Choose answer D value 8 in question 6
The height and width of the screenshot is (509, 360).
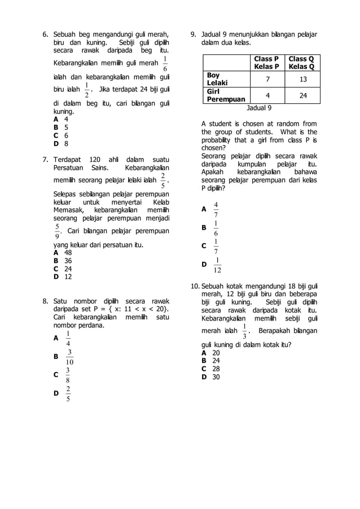[66, 143]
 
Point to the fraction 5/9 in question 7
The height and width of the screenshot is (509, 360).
[57, 231]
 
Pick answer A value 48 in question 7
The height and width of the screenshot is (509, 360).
[68, 253]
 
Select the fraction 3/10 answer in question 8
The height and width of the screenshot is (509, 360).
[69, 357]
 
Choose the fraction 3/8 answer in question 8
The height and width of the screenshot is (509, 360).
[68, 375]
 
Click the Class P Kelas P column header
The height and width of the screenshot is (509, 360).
[266, 63]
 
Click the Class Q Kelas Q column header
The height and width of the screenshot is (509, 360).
[301, 63]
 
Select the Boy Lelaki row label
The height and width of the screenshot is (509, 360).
[214, 78]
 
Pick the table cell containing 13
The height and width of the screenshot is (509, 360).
[303, 79]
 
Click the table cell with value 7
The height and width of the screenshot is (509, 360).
[267, 79]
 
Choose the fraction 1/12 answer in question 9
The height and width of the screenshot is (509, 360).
[217, 265]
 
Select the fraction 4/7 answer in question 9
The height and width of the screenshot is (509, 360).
[216, 209]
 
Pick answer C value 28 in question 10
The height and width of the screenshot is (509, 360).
[216, 368]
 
